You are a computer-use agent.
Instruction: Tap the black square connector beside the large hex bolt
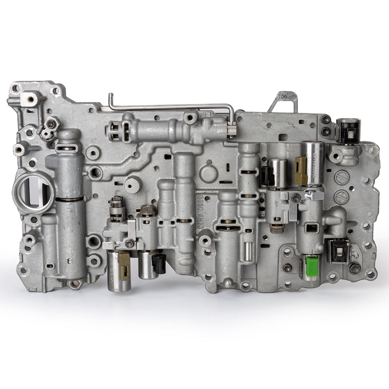click(337, 251)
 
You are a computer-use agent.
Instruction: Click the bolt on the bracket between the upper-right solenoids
click(296, 199)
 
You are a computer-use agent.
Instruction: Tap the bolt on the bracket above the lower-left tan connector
click(129, 243)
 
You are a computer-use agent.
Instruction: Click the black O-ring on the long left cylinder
click(69, 199)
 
